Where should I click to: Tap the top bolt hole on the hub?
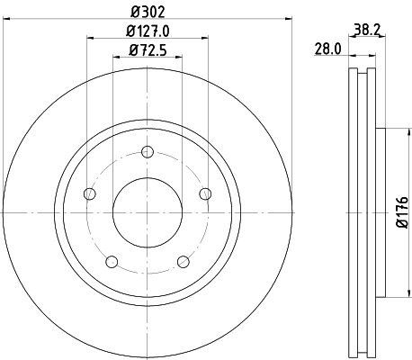[147, 151]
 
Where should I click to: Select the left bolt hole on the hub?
[88, 193]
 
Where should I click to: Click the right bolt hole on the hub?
[205, 193]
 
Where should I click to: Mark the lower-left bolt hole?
[112, 262]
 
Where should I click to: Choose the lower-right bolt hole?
[183, 262]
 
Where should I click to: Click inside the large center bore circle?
[147, 212]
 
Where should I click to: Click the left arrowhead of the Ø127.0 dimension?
[90, 37]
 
